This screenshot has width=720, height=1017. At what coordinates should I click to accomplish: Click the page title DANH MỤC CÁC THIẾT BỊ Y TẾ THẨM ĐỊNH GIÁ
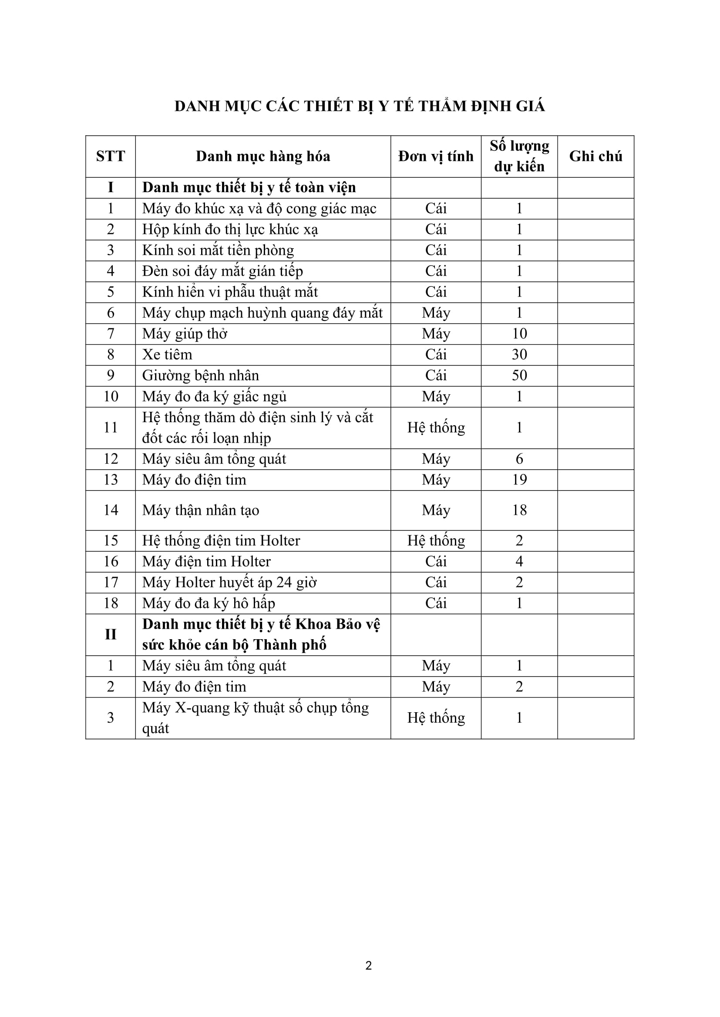pyautogui.click(x=360, y=106)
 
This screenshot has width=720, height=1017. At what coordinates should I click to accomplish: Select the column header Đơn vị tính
pyautogui.click(x=435, y=157)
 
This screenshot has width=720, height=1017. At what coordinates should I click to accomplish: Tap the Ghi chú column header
pyautogui.click(x=596, y=157)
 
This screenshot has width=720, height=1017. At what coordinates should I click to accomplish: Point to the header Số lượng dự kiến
pyautogui.click(x=519, y=157)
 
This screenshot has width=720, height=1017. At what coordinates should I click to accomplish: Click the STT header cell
pyautogui.click(x=111, y=157)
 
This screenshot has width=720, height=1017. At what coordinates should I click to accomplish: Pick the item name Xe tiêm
pyautogui.click(x=167, y=355)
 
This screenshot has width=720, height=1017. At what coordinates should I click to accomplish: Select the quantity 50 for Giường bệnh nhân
pyautogui.click(x=519, y=376)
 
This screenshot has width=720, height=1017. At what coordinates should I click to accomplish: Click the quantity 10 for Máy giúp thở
pyautogui.click(x=519, y=334)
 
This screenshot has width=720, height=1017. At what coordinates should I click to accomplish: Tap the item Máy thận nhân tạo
pyautogui.click(x=200, y=510)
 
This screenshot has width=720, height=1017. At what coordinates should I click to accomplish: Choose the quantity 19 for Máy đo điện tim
pyautogui.click(x=519, y=480)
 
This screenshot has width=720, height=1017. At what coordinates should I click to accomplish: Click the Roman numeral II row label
pyautogui.click(x=111, y=634)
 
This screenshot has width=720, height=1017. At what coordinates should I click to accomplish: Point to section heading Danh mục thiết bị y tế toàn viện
pyautogui.click(x=249, y=188)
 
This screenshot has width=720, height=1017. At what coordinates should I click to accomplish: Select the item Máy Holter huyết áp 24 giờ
pyautogui.click(x=229, y=583)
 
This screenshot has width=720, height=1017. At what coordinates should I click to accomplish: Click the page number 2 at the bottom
pyautogui.click(x=368, y=966)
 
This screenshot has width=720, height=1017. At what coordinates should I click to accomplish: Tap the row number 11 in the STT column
pyautogui.click(x=111, y=427)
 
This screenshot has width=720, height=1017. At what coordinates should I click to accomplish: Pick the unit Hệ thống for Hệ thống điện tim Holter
pyautogui.click(x=436, y=541)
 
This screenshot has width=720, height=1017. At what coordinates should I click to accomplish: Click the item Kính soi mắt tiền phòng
pyautogui.click(x=218, y=250)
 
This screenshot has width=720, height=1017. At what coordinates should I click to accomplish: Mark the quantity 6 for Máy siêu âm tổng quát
pyautogui.click(x=519, y=459)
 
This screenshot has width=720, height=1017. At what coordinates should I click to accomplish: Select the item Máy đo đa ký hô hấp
pyautogui.click(x=209, y=604)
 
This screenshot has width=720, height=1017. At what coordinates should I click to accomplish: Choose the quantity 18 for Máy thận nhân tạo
pyautogui.click(x=519, y=510)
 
